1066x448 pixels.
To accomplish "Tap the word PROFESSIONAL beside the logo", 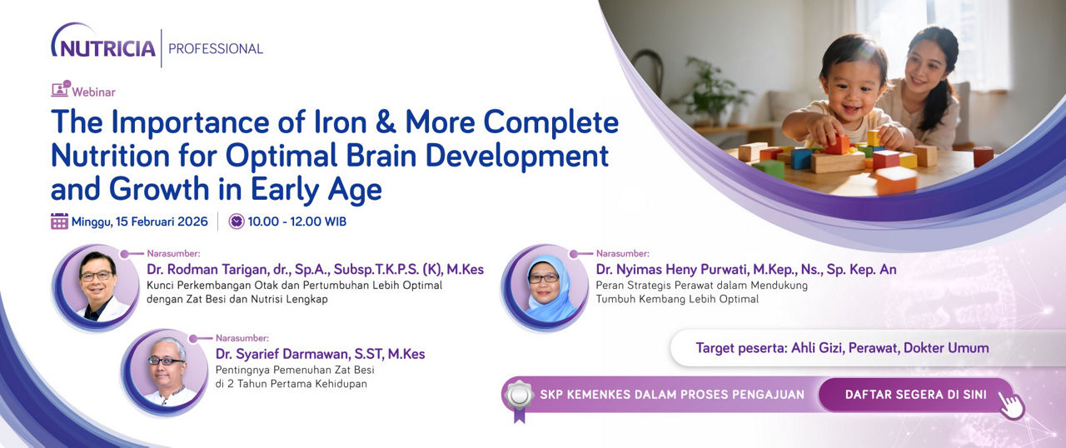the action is click(216, 48).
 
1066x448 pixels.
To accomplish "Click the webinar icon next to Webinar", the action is click(61, 88).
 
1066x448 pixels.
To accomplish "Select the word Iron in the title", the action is click(341, 122).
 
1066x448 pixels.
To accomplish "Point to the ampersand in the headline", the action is click(386, 122).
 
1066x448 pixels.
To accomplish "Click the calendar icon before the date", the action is click(59, 222).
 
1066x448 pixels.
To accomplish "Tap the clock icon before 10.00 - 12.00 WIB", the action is click(237, 222).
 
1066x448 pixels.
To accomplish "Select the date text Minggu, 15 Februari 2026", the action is click(139, 222).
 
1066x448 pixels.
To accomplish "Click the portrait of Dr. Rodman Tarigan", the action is click(97, 286).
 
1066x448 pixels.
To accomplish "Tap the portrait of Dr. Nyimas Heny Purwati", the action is click(545, 287).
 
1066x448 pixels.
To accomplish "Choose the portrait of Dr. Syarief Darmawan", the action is click(166, 371).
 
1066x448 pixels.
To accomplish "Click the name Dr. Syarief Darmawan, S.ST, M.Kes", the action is click(321, 354).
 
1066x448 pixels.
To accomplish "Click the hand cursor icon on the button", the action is click(1011, 406).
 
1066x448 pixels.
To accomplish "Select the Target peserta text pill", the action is click(842, 347).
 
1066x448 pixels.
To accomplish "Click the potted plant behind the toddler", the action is click(709, 91).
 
